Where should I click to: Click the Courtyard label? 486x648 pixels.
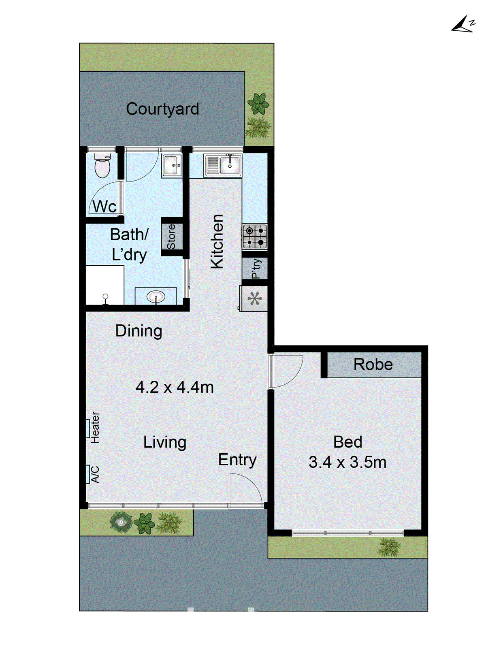pyautogui.click(x=162, y=109)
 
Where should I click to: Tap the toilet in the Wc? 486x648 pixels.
pyautogui.click(x=102, y=166)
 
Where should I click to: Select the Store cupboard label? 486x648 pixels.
pyautogui.click(x=171, y=237)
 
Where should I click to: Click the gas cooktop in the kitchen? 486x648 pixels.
pyautogui.click(x=255, y=237)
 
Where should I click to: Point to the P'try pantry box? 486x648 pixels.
pyautogui.click(x=255, y=269)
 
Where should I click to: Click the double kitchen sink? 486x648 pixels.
pyautogui.click(x=223, y=165)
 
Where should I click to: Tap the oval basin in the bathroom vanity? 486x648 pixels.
pyautogui.click(x=156, y=297)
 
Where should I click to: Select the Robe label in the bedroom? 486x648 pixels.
pyautogui.click(x=373, y=364)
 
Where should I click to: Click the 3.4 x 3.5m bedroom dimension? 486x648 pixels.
pyautogui.click(x=347, y=462)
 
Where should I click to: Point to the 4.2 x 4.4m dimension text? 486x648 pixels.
pyautogui.click(x=175, y=388)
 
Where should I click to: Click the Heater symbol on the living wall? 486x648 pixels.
pyautogui.click(x=88, y=428)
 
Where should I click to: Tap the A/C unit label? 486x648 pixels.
pyautogui.click(x=95, y=474)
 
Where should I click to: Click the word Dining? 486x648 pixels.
pyautogui.click(x=139, y=331)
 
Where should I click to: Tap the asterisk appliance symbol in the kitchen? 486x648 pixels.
pyautogui.click(x=255, y=299)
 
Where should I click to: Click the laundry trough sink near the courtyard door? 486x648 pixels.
pyautogui.click(x=172, y=165)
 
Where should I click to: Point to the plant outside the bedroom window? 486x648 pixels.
pyautogui.click(x=389, y=547)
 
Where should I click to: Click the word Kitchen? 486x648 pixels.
pyautogui.click(x=217, y=241)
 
